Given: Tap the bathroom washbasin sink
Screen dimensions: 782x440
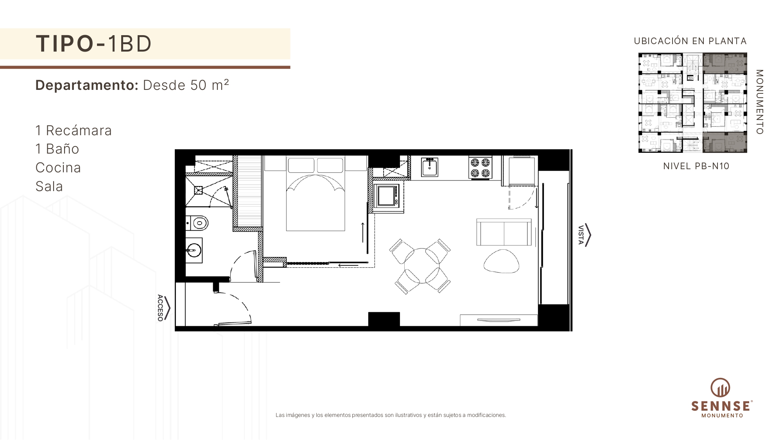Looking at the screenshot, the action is point(194,250).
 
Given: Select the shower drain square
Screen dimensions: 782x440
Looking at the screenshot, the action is point(199,190).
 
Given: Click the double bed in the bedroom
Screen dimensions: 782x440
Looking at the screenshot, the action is point(316,193).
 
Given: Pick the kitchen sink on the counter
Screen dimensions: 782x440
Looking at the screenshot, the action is point(429,167).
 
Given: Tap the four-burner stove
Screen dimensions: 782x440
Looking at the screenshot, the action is point(480,168).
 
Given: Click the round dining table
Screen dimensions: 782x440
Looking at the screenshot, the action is point(421,265).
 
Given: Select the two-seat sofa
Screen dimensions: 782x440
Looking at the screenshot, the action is point(504,232).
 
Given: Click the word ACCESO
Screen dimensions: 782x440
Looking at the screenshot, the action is point(160,308).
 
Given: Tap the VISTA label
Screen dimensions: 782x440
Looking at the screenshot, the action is point(581,235).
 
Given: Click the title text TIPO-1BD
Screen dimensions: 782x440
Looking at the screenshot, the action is point(93,43).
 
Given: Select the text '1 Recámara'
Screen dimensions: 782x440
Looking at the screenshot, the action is point(74,131).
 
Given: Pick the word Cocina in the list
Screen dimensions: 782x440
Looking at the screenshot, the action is point(58,168).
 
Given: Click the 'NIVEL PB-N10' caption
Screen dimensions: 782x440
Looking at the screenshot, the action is point(696,166).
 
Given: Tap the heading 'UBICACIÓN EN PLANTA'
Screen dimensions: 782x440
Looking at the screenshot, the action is point(691,41).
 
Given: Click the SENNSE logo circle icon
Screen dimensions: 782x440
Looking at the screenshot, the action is point(720,388).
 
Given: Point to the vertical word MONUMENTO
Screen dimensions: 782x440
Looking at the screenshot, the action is point(759,102).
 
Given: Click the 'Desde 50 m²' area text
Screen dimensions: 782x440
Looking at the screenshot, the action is point(186,85).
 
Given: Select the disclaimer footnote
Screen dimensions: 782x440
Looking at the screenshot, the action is point(391,415).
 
